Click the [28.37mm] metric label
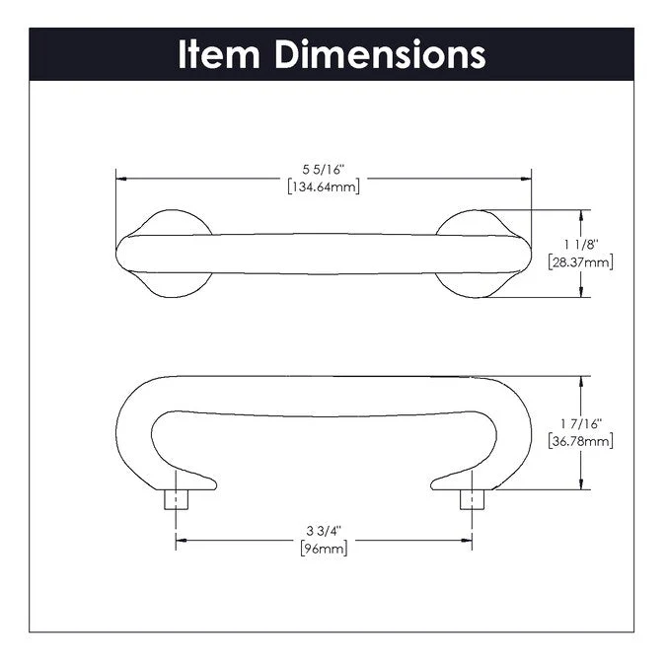(x=580, y=262)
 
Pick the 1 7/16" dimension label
(x=580, y=425)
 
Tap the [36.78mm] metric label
(x=580, y=441)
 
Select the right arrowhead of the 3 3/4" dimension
(x=466, y=541)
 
